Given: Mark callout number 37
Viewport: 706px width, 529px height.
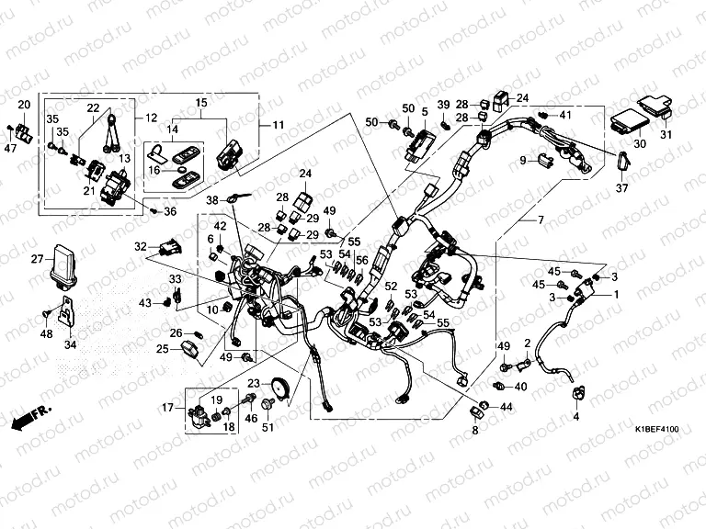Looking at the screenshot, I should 621,189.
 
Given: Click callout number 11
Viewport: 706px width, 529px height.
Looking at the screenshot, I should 266,124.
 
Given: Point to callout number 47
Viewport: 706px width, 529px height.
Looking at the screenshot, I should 10,148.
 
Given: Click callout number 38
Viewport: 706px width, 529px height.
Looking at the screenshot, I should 211,199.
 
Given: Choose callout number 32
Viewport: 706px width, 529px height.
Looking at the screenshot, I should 141,246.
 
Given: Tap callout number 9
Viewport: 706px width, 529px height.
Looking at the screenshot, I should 522,161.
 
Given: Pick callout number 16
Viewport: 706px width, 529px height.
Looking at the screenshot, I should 154,171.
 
